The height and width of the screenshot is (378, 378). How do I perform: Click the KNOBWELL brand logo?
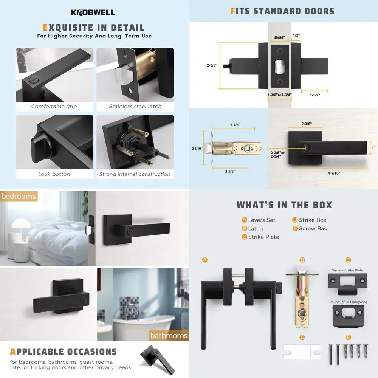(93, 12)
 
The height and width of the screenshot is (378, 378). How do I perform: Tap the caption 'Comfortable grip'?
(54, 107)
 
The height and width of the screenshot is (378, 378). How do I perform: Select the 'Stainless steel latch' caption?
(135, 107)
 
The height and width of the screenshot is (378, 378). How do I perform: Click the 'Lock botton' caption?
(54, 174)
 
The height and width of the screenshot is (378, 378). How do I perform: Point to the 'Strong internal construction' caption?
(135, 174)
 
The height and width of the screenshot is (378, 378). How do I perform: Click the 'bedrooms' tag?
(19, 196)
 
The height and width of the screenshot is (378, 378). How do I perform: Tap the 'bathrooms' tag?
(169, 335)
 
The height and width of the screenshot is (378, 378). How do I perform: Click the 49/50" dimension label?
(279, 37)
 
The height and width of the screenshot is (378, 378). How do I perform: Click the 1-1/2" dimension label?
(314, 95)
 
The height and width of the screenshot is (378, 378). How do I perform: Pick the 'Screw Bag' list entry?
(313, 228)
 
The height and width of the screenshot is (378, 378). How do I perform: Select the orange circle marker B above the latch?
(302, 260)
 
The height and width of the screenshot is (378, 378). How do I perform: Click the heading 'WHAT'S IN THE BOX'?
(284, 205)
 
